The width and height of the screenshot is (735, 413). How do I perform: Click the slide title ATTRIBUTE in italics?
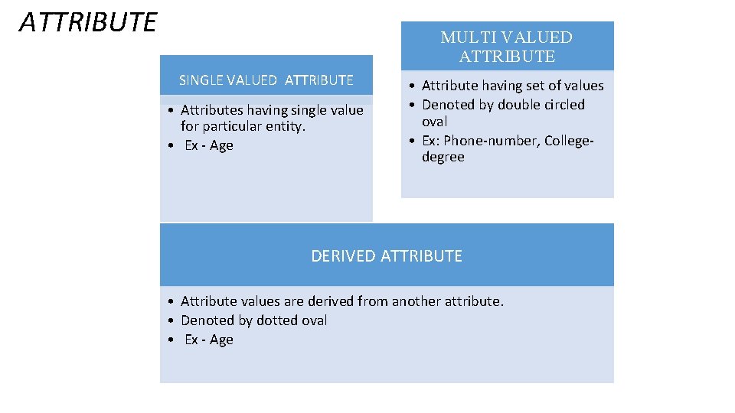click(88, 23)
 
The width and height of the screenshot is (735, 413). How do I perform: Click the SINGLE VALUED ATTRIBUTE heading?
click(266, 80)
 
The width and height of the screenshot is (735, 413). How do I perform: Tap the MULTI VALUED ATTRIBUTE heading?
click(507, 47)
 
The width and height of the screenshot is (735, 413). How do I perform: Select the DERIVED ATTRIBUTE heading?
click(387, 256)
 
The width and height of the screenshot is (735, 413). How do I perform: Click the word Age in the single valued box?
click(221, 145)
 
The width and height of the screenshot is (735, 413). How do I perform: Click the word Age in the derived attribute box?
click(221, 340)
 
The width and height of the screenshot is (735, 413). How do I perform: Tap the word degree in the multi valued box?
click(443, 157)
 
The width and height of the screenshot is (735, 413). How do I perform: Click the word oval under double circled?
click(435, 122)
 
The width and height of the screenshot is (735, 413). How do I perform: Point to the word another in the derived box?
click(416, 301)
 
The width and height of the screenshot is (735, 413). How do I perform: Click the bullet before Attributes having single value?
click(171, 110)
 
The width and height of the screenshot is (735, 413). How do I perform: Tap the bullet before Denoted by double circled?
click(412, 105)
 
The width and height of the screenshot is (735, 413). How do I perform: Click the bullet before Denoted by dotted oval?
click(171, 320)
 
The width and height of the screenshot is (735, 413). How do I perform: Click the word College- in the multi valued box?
click(569, 140)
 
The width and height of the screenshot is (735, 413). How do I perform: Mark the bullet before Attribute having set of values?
click(412, 86)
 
